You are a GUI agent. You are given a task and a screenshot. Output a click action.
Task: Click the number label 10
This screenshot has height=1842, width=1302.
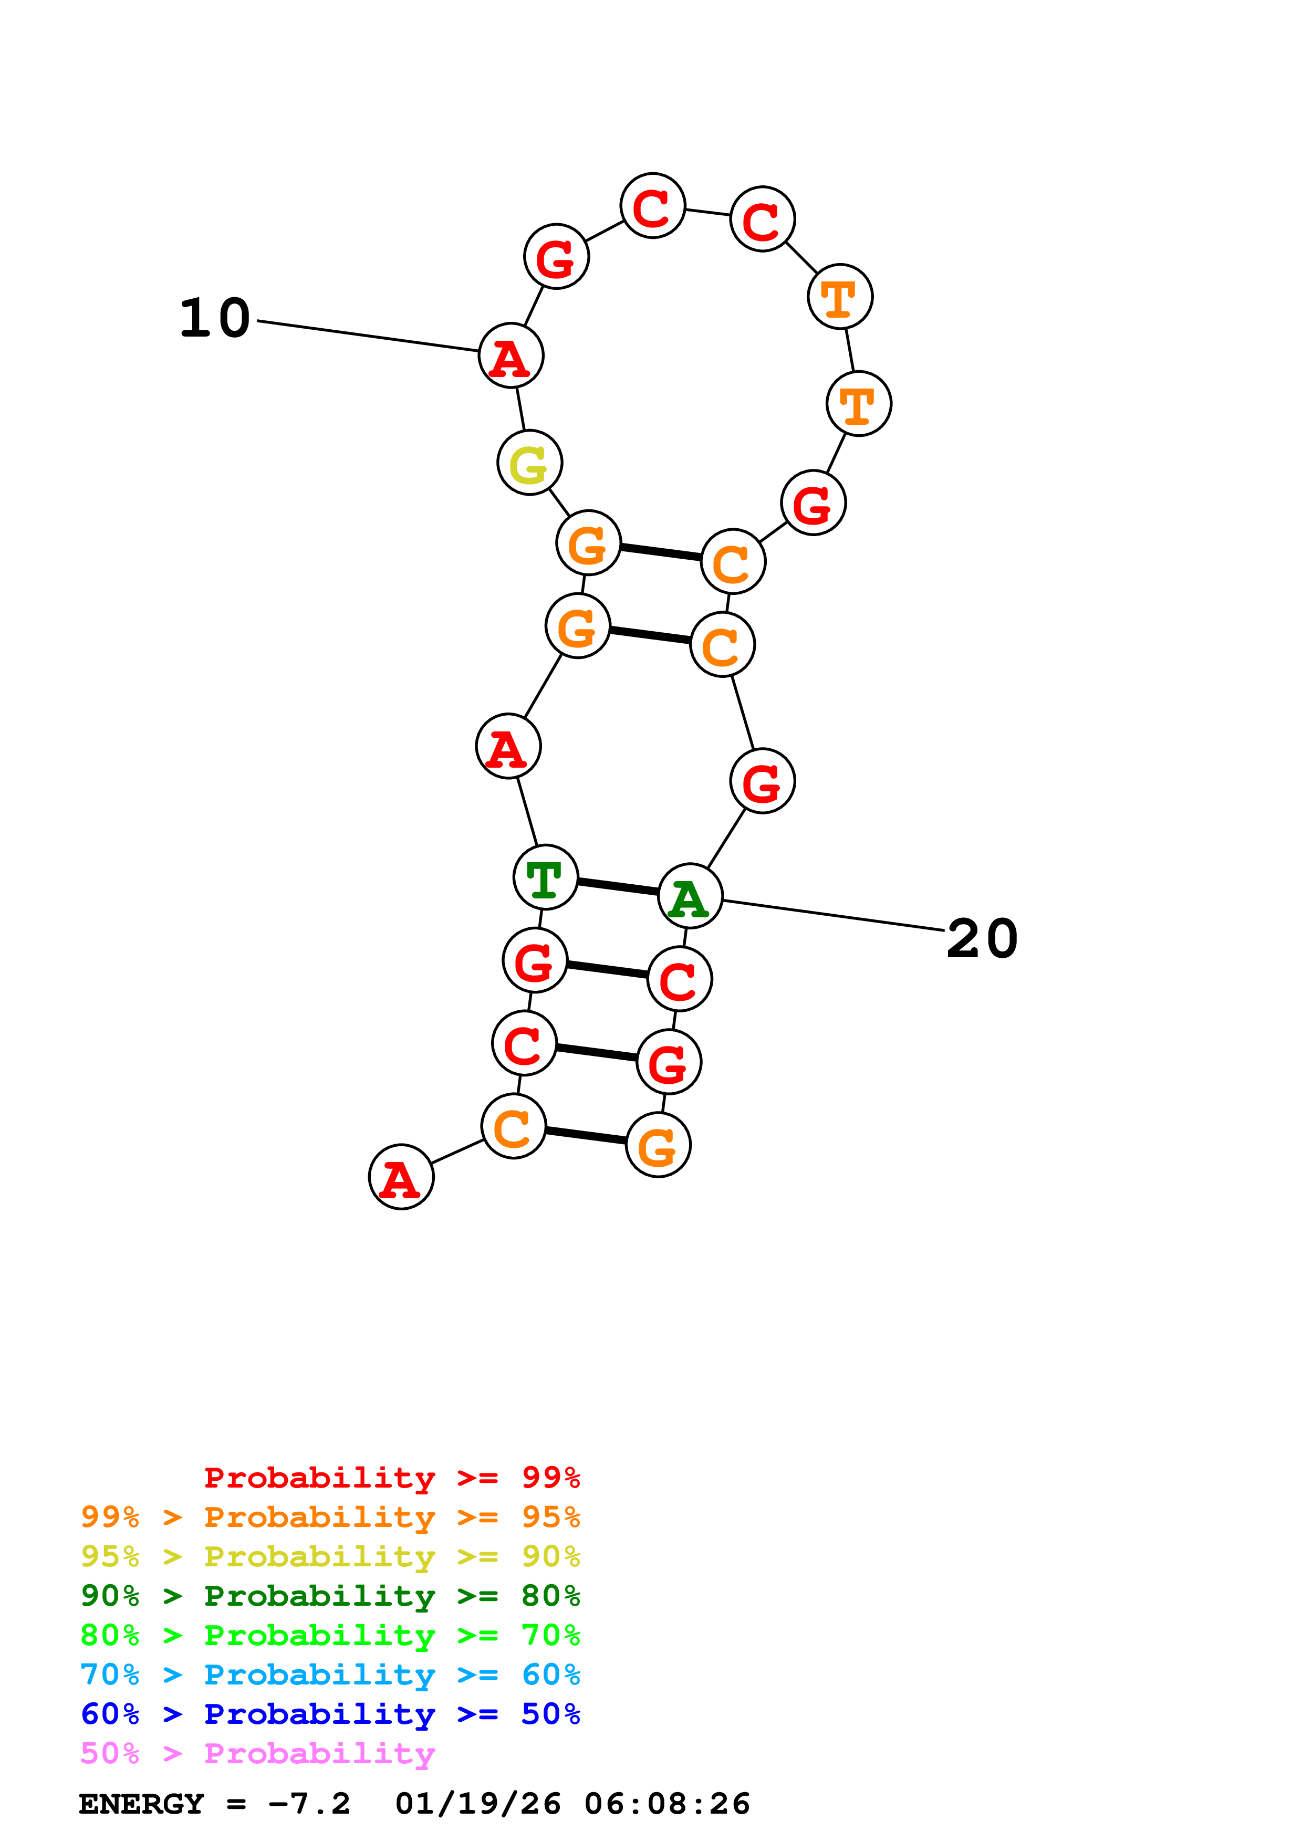point(214,319)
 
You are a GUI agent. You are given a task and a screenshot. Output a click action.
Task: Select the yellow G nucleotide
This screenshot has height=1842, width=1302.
point(529,463)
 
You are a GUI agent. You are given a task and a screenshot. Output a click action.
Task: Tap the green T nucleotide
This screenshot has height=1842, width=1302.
point(546,877)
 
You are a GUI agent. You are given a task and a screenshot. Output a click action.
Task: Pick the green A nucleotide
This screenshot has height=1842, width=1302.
point(690,896)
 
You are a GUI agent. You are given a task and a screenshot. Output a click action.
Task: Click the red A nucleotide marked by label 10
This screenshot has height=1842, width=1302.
point(511,355)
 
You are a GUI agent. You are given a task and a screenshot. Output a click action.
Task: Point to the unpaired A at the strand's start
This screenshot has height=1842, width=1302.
point(401,1177)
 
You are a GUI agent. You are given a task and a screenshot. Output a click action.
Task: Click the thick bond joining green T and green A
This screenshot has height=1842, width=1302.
point(618,886)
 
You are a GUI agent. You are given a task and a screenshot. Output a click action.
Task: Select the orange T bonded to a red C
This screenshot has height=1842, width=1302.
point(840,297)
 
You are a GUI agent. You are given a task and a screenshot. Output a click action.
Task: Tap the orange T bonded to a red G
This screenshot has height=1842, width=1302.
point(858,404)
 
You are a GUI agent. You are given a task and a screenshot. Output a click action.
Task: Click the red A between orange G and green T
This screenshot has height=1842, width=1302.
point(508,747)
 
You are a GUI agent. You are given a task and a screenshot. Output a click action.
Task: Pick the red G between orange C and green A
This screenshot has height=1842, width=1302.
point(762,781)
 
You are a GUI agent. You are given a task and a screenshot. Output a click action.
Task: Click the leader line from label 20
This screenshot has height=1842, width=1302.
point(835,915)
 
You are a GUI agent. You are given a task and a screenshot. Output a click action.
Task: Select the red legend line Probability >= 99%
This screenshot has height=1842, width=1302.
point(391,1477)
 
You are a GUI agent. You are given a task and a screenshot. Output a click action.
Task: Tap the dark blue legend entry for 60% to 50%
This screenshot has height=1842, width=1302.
point(330,1714)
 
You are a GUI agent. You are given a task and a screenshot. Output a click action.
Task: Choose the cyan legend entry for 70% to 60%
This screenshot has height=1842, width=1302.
point(330,1674)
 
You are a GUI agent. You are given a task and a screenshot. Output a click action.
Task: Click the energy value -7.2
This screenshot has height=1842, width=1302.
point(310,1804)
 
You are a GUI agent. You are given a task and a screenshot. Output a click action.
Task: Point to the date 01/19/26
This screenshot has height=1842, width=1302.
point(478,1804)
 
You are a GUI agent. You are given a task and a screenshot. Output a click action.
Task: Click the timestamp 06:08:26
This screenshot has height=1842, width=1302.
point(666,1804)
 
